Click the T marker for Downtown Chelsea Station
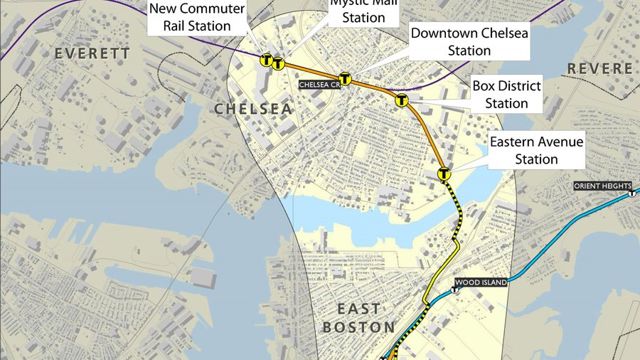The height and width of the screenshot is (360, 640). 345,79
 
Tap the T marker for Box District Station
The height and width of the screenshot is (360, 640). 402,100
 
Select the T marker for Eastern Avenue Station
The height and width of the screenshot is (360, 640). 444,173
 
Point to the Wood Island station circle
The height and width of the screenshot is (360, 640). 456,290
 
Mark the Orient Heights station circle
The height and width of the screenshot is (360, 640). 631,193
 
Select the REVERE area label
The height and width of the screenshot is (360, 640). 599,68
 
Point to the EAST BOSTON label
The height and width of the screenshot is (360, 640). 358,318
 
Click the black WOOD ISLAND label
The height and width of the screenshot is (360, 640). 481,282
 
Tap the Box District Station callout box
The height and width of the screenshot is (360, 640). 506,95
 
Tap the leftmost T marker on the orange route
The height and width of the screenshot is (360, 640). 266,60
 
